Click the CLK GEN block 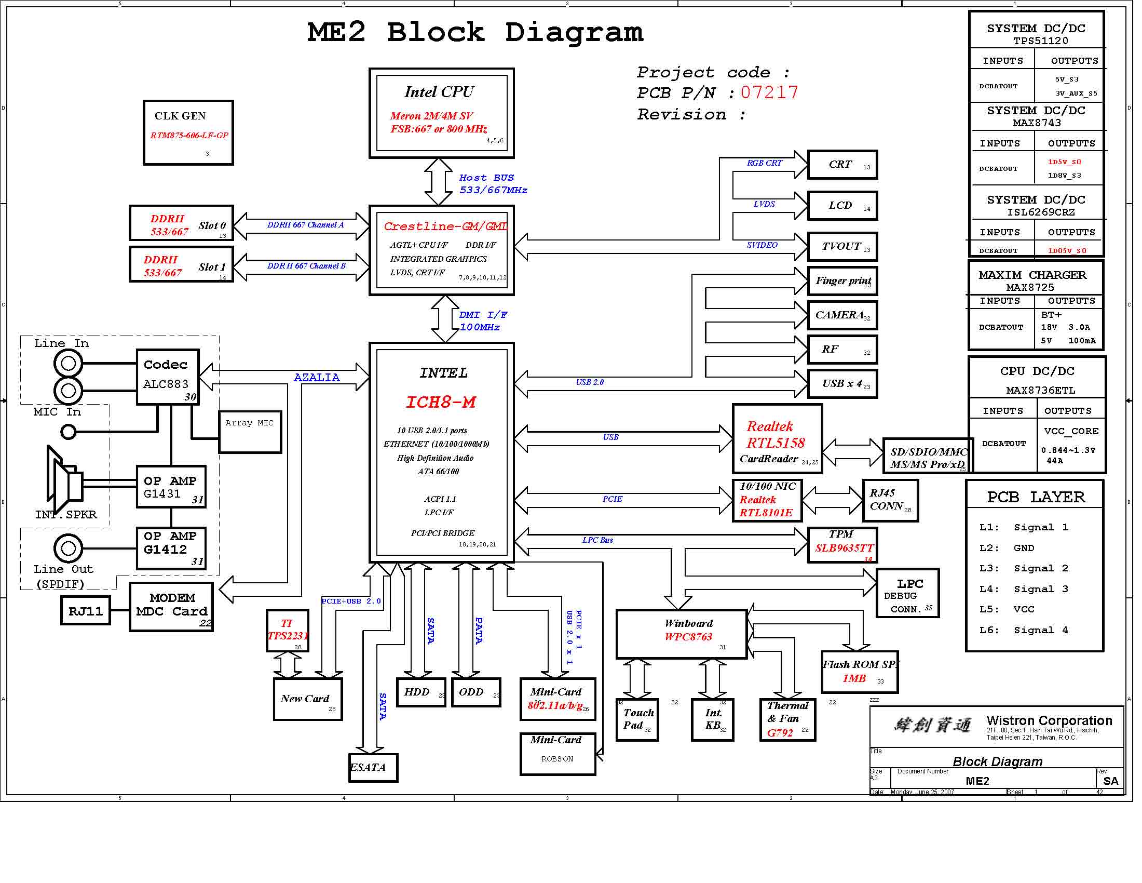pyautogui.click(x=188, y=133)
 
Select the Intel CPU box pyautogui.click(x=441, y=113)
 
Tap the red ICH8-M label pyautogui.click(x=441, y=402)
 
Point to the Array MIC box pyautogui.click(x=250, y=432)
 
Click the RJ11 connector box pyautogui.click(x=86, y=610)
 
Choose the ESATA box pyautogui.click(x=373, y=767)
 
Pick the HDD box pyautogui.click(x=421, y=692)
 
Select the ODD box pyautogui.click(x=476, y=692)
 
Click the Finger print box pyautogui.click(x=842, y=281)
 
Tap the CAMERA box pyautogui.click(x=842, y=315)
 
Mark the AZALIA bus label pyautogui.click(x=317, y=377)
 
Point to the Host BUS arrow pyautogui.click(x=438, y=181)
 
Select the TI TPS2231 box pyautogui.click(x=287, y=631)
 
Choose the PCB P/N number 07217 pyautogui.click(x=769, y=92)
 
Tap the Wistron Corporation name pyautogui.click(x=1049, y=720)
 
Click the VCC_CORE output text pyautogui.click(x=1071, y=431)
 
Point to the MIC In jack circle pyautogui.click(x=69, y=432)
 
